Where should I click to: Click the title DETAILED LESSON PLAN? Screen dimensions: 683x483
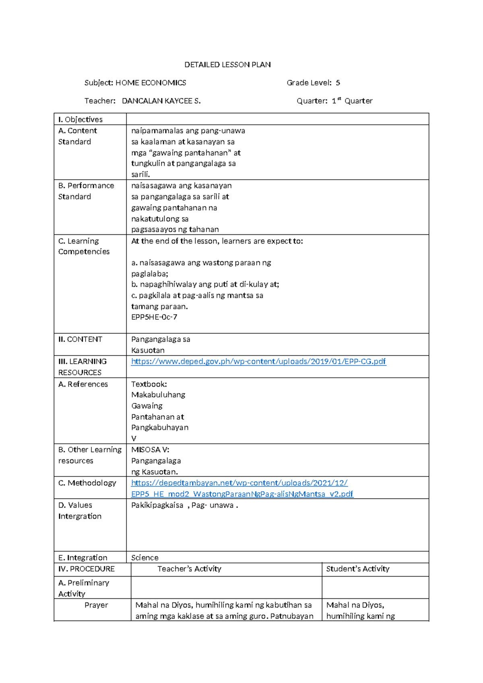[x=227, y=65]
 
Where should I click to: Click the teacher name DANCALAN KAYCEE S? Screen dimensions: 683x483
[x=161, y=101]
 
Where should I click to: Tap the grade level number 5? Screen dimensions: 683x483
[x=338, y=83]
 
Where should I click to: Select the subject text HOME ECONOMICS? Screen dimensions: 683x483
[x=151, y=83]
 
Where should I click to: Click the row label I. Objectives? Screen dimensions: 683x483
[x=80, y=120]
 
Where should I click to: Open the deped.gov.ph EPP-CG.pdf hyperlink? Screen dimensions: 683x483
[x=258, y=362]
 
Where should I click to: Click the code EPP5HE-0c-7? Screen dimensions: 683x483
[x=154, y=317]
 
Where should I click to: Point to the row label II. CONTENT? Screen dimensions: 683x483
[x=80, y=339]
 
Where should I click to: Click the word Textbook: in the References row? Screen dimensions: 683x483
[x=149, y=384]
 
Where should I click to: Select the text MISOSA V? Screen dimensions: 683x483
[x=150, y=450]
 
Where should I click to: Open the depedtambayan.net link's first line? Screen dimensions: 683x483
[x=239, y=483]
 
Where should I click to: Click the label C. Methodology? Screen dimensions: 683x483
[x=87, y=483]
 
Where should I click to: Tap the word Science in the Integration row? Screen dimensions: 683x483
[x=144, y=558]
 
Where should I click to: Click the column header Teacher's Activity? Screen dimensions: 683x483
[x=189, y=569]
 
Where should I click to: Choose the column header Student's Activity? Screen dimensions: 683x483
[x=357, y=569]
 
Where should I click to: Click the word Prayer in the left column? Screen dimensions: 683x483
[x=96, y=605]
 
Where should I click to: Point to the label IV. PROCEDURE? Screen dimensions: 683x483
[x=87, y=569]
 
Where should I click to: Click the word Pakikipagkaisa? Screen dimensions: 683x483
[x=157, y=505]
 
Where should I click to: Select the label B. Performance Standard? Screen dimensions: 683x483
[x=86, y=191]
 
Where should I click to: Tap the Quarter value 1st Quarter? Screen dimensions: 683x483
[x=352, y=101]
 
